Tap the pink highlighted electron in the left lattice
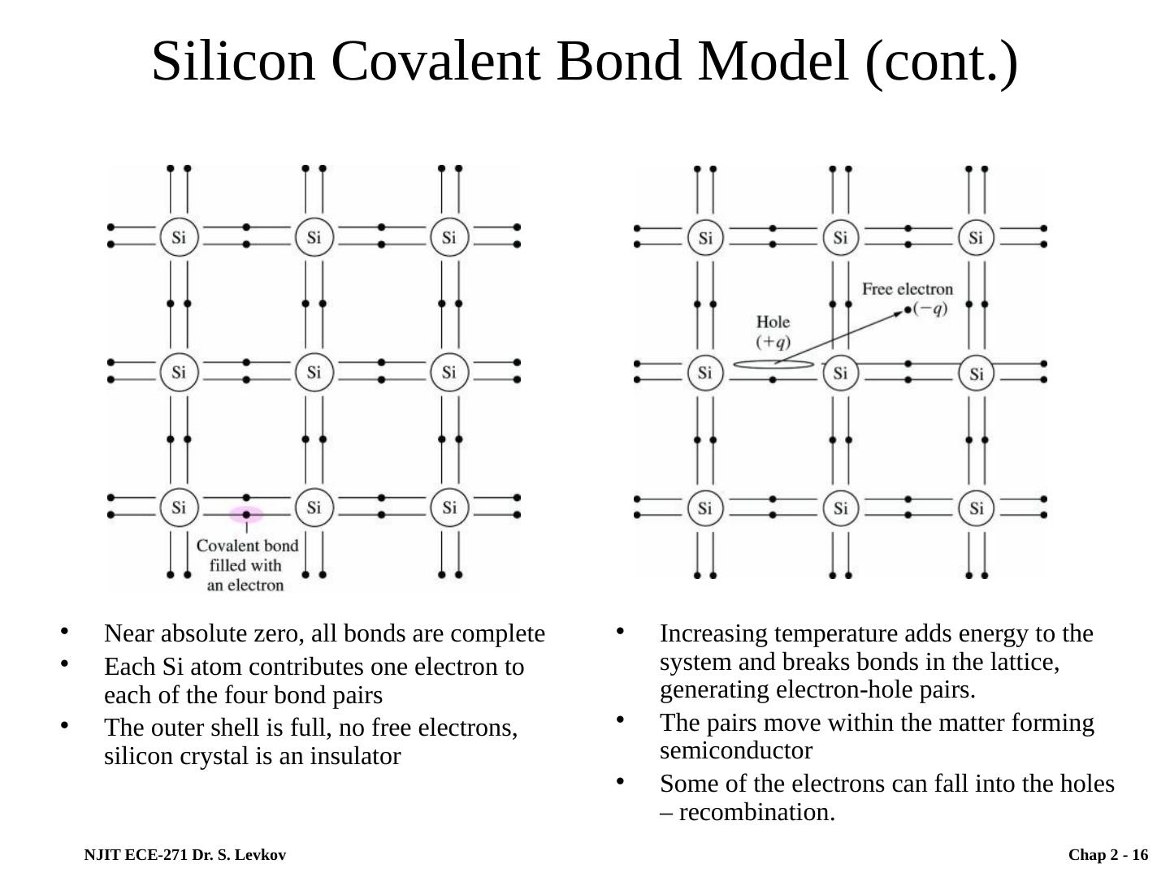click(246, 515)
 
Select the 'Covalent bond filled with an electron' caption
click(246, 565)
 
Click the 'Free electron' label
click(907, 289)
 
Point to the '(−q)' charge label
click(930, 309)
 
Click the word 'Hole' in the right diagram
click(773, 322)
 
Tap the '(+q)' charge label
click(773, 341)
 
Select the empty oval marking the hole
click(773, 365)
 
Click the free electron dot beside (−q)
click(908, 309)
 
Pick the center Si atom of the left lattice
click(314, 373)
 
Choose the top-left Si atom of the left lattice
click(179, 238)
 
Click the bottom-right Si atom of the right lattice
click(976, 508)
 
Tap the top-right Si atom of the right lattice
click(976, 238)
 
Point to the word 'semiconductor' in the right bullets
click(735, 750)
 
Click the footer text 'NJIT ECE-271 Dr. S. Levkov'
click(184, 855)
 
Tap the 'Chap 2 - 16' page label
click(1107, 855)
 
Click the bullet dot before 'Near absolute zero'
click(64, 631)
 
